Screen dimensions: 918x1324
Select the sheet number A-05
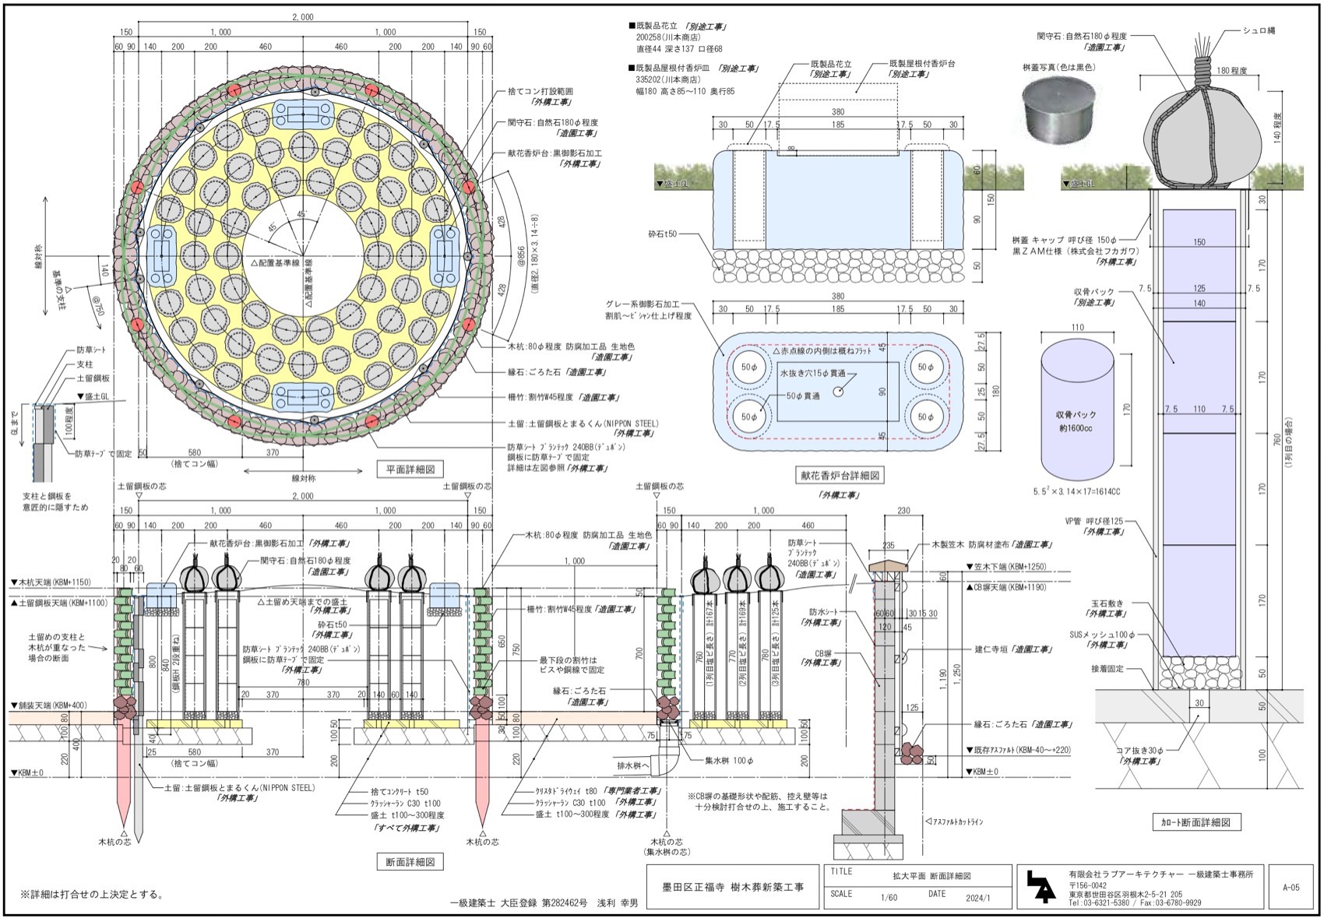(1290, 886)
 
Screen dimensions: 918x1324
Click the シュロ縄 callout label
(1259, 30)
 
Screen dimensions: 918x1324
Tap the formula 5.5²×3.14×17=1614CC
(1076, 492)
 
